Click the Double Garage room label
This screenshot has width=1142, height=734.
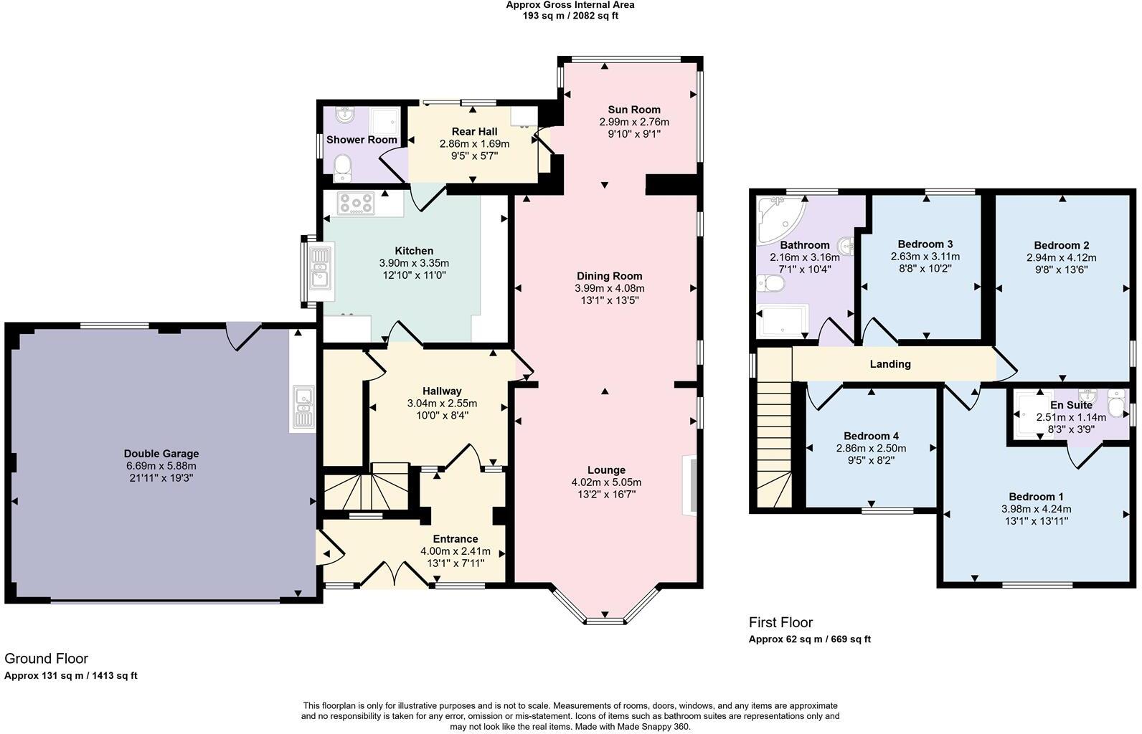click(x=161, y=454)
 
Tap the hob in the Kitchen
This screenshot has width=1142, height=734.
click(x=356, y=204)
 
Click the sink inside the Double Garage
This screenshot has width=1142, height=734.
click(x=304, y=408)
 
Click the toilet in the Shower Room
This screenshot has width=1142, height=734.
click(x=343, y=168)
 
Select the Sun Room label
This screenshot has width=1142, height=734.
click(x=634, y=110)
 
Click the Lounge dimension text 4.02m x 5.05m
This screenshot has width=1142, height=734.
click(x=607, y=482)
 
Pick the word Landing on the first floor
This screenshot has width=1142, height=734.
click(x=890, y=363)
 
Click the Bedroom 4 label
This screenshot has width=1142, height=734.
click(x=872, y=436)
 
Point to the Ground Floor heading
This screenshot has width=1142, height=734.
click(x=47, y=659)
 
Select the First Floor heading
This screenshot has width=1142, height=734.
click(x=780, y=622)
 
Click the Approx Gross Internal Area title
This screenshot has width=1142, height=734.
click(x=570, y=5)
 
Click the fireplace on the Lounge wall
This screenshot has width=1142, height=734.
click(x=690, y=486)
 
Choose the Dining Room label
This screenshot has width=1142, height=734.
click(x=610, y=276)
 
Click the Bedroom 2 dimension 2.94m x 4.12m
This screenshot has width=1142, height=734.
click(x=1062, y=258)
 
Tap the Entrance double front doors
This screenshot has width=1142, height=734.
click(x=395, y=574)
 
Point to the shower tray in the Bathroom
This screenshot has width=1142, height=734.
click(x=783, y=321)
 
